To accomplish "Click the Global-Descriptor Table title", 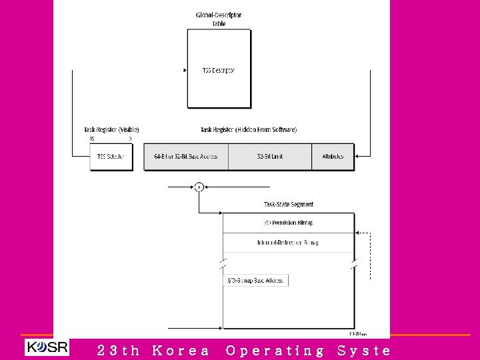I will pyautogui.click(x=219, y=19).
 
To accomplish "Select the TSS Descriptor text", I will pyautogui.click(x=219, y=70).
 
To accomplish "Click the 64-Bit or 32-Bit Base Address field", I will pyautogui.click(x=186, y=157).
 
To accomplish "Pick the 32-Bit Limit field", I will pyautogui.click(x=270, y=157).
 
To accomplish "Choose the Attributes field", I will pyautogui.click(x=333, y=157).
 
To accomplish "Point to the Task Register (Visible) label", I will pyautogui.click(x=111, y=129).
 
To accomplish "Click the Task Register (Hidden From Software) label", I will pyautogui.click(x=249, y=129).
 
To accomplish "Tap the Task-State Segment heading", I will pyautogui.click(x=289, y=204).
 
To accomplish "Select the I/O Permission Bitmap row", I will pyautogui.click(x=289, y=223).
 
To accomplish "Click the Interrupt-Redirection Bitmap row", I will pyautogui.click(x=289, y=243).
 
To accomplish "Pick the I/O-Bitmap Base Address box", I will pyautogui.click(x=255, y=280).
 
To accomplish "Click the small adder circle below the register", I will pyautogui.click(x=199, y=187).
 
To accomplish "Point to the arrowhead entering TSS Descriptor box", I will pyautogui.click(x=185, y=70).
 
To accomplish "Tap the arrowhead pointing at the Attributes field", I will pyautogui.click(x=358, y=157).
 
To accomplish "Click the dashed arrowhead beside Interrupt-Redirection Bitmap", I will pyautogui.click(x=358, y=233).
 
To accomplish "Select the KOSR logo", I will pyautogui.click(x=47, y=348).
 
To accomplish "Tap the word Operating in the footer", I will pyautogui.click(x=275, y=350).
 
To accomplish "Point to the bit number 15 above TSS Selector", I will pyautogui.click(x=92, y=139).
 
